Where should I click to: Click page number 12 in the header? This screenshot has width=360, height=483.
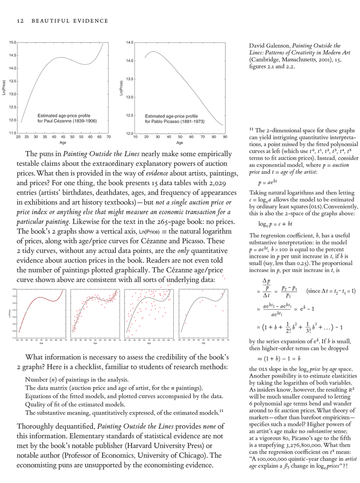20,21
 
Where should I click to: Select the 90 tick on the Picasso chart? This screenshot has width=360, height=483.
225,136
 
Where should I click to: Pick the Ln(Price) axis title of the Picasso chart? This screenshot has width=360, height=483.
121,88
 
